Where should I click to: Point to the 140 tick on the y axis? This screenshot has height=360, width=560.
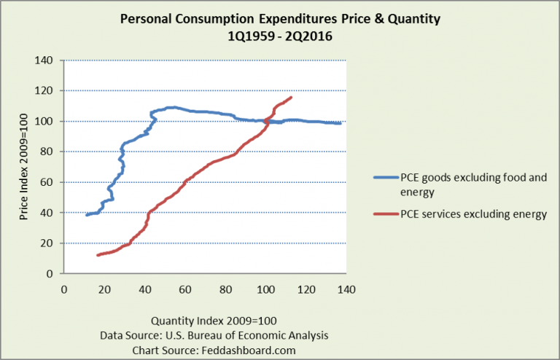tap(49, 60)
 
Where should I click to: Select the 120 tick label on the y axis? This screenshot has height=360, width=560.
tap(49, 91)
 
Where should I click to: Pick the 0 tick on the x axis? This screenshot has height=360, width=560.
tap(64, 289)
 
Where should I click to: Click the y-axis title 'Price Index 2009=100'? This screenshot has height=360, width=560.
tap(24, 167)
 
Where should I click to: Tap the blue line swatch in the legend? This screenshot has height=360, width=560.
tap(384, 177)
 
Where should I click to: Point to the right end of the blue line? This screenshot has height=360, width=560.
tap(341, 123)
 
